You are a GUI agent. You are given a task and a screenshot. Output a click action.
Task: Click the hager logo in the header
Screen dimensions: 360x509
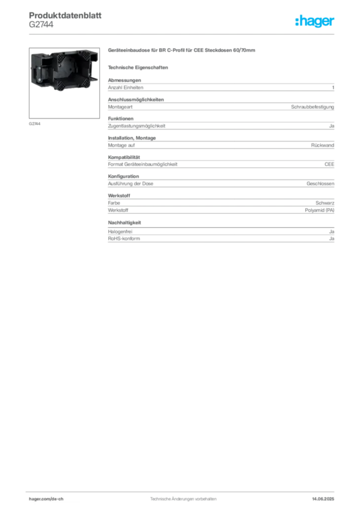click(315, 21)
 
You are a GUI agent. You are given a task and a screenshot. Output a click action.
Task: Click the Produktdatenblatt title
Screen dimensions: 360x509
click(65, 15)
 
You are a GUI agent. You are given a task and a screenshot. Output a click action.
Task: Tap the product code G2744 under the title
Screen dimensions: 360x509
click(41, 24)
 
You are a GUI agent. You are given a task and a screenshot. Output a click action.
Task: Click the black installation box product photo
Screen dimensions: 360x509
click(64, 70)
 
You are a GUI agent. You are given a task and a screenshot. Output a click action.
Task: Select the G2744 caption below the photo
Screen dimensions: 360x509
click(35, 124)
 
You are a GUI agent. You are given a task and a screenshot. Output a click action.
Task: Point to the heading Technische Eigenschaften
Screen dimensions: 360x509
click(138, 68)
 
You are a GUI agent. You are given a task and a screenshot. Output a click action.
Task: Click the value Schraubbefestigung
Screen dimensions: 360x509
click(312, 107)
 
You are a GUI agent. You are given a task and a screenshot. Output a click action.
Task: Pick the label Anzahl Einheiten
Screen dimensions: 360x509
click(126, 87)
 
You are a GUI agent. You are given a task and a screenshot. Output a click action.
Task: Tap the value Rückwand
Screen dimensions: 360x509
click(322, 145)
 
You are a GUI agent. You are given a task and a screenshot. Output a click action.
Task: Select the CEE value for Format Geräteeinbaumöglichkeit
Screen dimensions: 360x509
click(329, 164)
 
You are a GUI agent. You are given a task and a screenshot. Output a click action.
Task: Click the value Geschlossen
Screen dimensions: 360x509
click(320, 183)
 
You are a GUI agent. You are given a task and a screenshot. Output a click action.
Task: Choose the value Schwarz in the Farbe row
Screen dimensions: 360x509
click(325, 203)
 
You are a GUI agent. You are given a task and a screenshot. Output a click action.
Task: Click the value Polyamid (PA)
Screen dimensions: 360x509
click(319, 210)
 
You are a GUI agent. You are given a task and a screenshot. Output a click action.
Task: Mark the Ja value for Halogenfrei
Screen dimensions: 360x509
click(332, 232)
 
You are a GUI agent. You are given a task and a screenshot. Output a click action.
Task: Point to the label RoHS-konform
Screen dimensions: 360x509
click(124, 238)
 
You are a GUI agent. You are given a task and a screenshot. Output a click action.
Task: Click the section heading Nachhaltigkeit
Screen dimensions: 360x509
click(124, 223)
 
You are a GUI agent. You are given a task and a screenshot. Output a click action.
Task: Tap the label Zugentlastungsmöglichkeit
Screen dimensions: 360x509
click(137, 126)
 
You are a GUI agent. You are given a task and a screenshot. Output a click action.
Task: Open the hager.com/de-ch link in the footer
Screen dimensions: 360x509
click(46, 499)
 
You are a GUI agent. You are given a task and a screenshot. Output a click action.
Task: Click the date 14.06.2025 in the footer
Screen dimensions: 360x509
click(323, 499)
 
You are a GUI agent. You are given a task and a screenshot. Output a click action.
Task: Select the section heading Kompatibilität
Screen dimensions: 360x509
click(124, 157)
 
